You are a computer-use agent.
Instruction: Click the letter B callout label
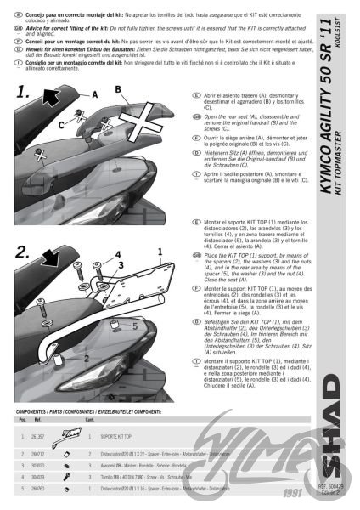[x=118, y=88]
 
